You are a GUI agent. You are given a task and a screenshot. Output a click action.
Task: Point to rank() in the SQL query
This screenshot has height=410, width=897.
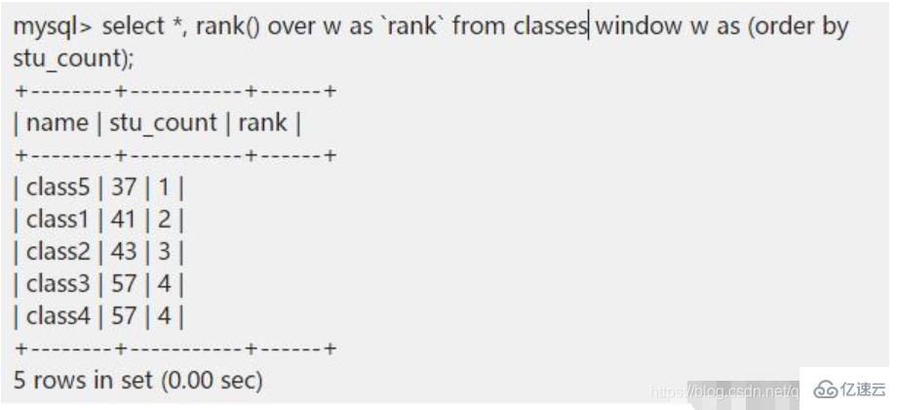(x=227, y=27)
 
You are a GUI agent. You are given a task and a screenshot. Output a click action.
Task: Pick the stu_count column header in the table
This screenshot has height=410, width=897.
(x=163, y=124)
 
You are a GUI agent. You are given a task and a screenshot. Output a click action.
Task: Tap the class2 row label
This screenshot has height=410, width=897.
(x=56, y=251)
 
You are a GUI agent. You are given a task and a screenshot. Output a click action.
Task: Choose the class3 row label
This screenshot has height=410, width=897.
(x=56, y=284)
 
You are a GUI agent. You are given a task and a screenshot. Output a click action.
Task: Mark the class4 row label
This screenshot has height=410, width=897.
(x=56, y=315)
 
